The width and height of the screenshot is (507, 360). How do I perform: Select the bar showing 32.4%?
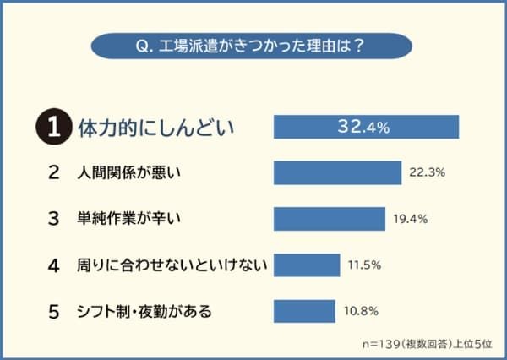(366, 127)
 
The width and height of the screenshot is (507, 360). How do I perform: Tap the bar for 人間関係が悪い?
(337, 173)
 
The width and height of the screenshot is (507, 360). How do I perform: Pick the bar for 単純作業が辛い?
(329, 219)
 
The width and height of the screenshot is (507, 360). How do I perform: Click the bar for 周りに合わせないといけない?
(307, 265)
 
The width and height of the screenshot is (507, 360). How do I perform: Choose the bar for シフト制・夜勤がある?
(304, 311)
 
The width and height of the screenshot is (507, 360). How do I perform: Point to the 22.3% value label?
(427, 173)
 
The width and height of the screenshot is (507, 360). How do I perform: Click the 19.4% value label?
(411, 219)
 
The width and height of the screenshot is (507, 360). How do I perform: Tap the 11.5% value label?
(364, 265)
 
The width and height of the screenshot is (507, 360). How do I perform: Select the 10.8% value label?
(361, 311)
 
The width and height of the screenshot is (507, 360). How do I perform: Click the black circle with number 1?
(52, 128)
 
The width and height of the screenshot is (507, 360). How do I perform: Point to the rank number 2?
(53, 173)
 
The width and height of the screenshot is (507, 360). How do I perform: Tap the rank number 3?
(53, 219)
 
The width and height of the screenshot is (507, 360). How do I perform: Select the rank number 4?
(53, 265)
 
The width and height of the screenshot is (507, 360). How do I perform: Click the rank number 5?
(53, 311)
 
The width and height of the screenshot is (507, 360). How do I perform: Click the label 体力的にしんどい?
(155, 128)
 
